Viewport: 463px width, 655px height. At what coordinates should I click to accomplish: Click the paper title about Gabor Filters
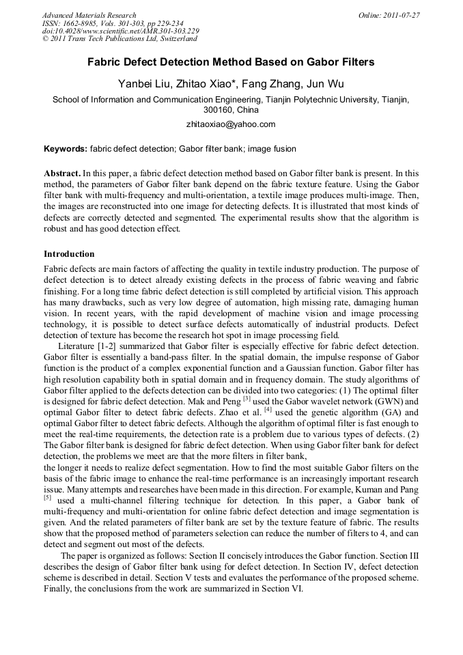(x=231, y=62)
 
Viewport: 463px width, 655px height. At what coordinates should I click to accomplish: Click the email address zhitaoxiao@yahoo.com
(x=231, y=124)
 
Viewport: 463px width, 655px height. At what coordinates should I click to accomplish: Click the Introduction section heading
(x=69, y=253)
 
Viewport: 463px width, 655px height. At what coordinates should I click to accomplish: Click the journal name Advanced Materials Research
(x=89, y=14)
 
